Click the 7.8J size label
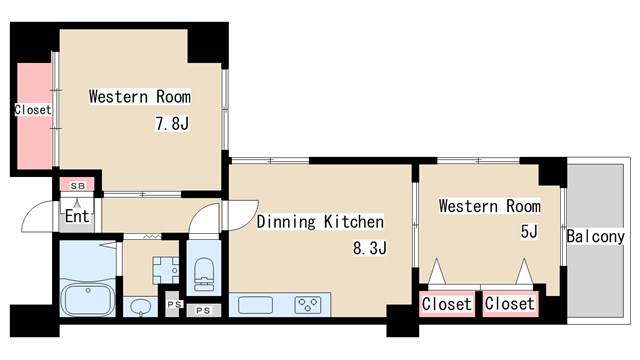coord(172,123)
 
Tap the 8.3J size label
coord(369,247)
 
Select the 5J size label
coord(529,231)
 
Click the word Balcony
coord(596,236)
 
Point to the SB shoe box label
coord(78,186)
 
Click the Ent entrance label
coord(77,216)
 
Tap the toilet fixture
coord(204,274)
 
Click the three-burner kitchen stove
coord(308,305)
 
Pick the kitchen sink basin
coord(256,305)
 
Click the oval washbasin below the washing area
coord(141,308)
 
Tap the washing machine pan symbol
coord(165,270)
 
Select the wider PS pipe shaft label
coord(203,311)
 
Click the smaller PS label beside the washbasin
coord(174,304)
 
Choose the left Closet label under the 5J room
coord(447,304)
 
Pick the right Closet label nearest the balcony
coord(509,304)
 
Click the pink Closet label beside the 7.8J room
coord(33,110)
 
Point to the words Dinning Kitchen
coord(320,222)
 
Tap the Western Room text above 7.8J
coord(140,97)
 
